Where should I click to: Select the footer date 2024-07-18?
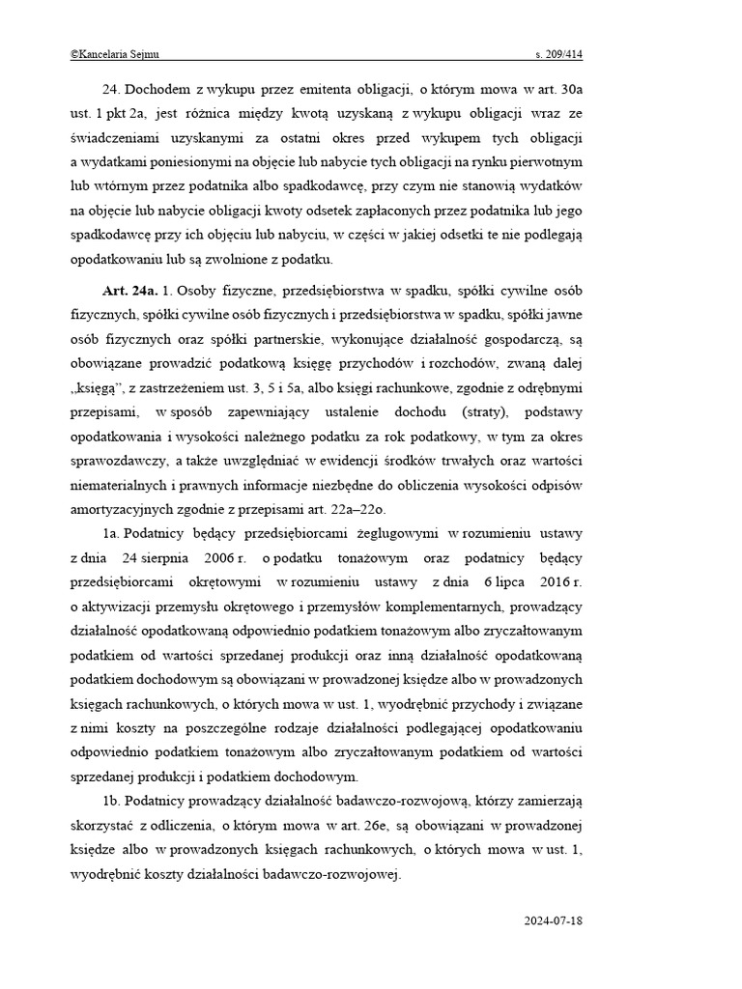pyautogui.click(x=553, y=920)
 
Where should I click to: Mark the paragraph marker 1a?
pyautogui.click(x=111, y=533)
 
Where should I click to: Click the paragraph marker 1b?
pyautogui.click(x=111, y=802)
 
